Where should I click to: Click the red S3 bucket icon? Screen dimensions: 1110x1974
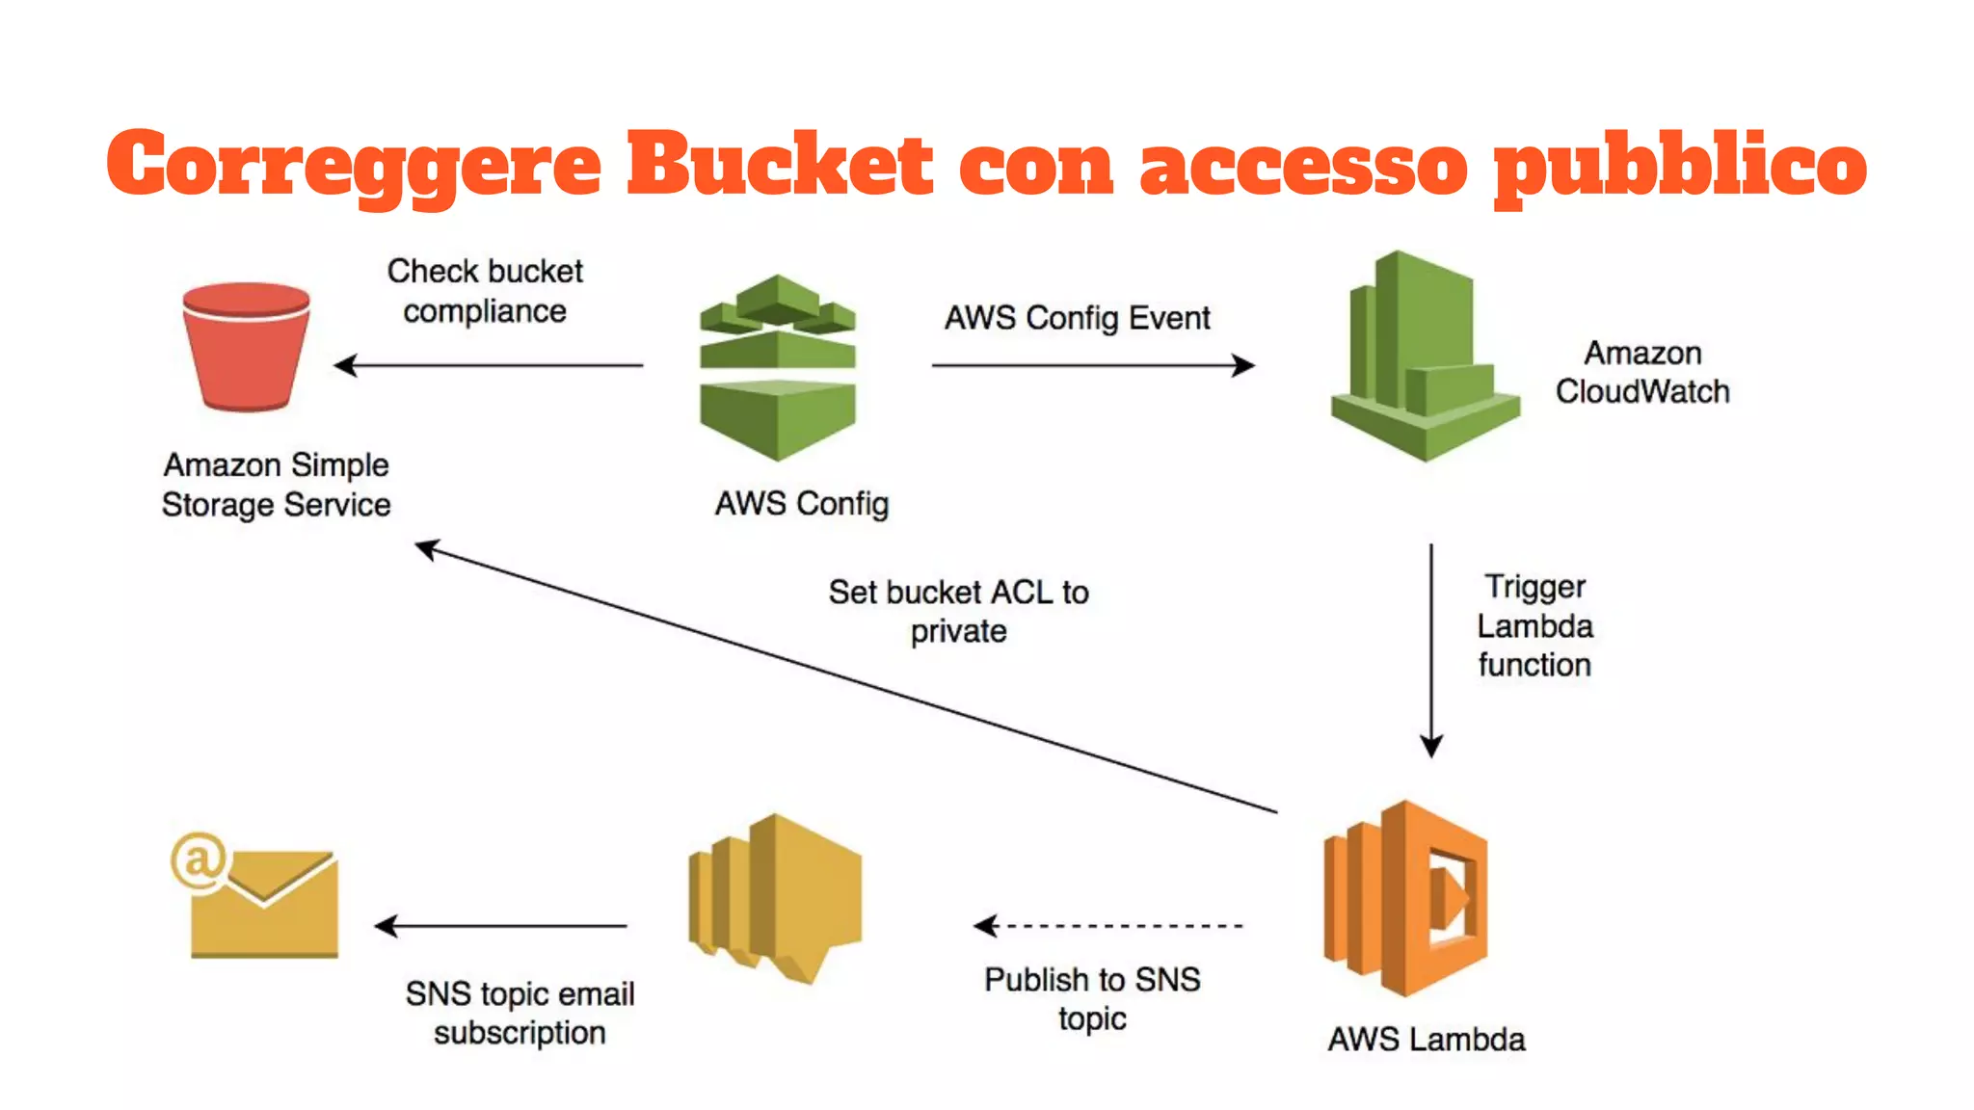coord(246,347)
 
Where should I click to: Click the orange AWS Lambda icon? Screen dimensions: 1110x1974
coord(1406,898)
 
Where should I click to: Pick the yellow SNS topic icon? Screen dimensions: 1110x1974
coord(775,898)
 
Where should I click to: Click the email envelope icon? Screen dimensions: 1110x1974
coord(263,903)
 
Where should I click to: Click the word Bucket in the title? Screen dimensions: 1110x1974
coord(779,164)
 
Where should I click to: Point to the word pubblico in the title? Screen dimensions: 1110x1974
coord(1679,166)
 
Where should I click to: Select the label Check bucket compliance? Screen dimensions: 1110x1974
coord(485,291)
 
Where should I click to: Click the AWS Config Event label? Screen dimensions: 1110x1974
coord(1077,318)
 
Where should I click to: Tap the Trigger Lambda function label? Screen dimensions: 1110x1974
coord(1534,626)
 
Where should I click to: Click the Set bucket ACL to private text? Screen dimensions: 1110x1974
coord(958,612)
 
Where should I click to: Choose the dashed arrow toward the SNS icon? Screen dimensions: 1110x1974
coord(1108,926)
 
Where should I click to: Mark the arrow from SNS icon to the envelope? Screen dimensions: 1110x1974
coord(501,926)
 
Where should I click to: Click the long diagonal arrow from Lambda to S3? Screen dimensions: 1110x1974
coord(848,680)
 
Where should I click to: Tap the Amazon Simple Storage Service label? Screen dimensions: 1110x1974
coord(276,485)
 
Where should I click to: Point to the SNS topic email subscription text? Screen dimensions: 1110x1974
coord(520,1013)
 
